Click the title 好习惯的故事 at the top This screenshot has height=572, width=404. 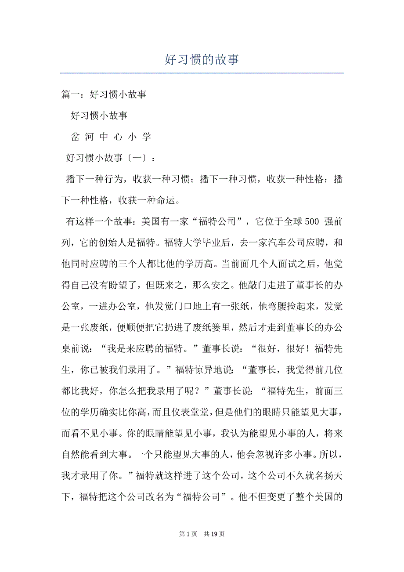[202, 59]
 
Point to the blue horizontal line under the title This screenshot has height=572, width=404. [202, 73]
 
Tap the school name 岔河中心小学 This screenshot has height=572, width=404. [111, 137]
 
